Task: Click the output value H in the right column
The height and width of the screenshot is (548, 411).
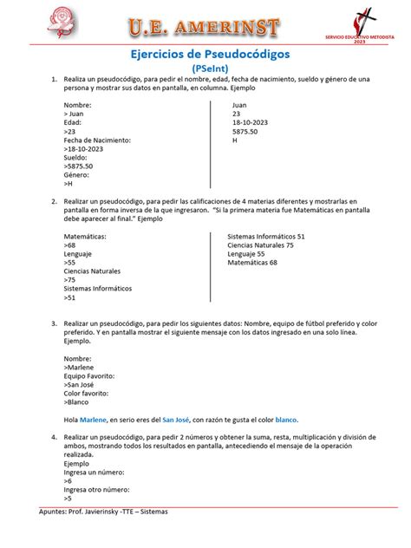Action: point(234,140)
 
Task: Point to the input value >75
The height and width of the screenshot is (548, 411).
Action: point(69,279)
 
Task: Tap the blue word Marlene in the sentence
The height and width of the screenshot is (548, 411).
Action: point(95,420)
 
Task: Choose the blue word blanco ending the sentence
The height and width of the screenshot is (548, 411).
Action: point(287,420)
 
